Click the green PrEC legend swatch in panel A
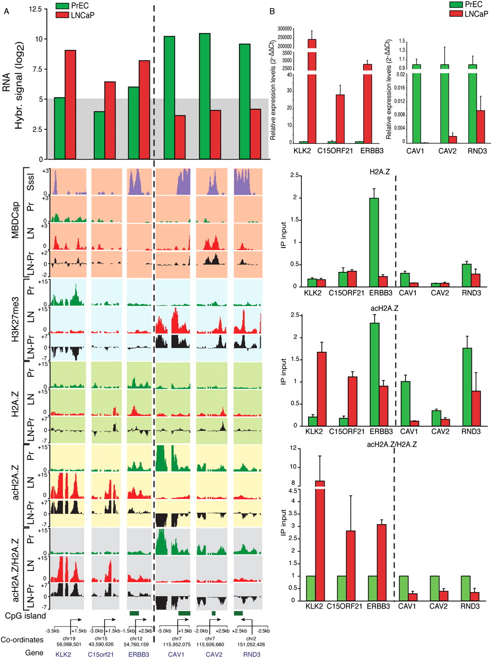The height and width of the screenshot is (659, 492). [62, 7]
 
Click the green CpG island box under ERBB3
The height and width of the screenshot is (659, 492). [134, 613]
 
